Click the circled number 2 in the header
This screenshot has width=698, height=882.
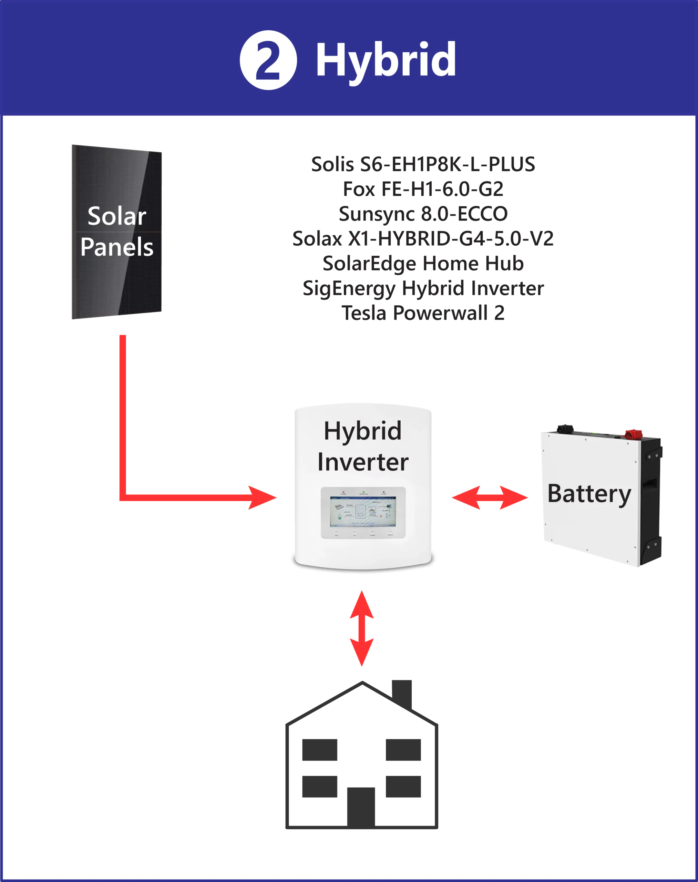coord(268,60)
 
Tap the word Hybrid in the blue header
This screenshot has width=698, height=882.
coord(386,60)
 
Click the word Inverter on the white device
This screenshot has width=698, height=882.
coord(362,462)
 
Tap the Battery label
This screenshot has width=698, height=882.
coord(589,494)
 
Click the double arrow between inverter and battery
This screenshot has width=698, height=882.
coord(490,498)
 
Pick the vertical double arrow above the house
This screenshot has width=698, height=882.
coord(361,628)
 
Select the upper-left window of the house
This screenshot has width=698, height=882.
coord(320,750)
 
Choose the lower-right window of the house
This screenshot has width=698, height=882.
coord(403,787)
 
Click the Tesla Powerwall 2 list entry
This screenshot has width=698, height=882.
coord(424,314)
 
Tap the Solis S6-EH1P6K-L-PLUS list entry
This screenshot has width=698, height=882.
coord(423,164)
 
